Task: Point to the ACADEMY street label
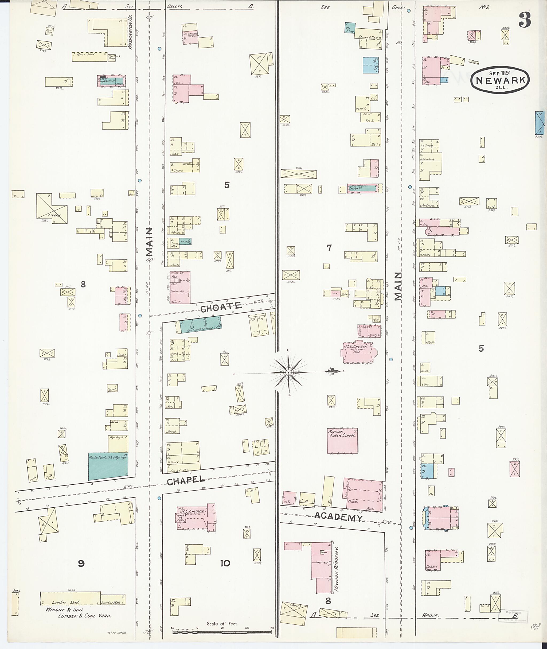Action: click(x=338, y=517)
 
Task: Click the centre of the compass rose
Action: click(x=288, y=372)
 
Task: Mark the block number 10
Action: click(x=225, y=563)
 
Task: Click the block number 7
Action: click(x=329, y=248)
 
